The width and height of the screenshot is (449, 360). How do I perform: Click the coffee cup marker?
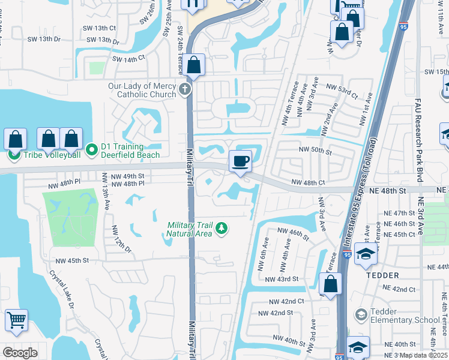coord(240,161)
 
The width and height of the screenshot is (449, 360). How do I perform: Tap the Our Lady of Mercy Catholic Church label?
coord(142,90)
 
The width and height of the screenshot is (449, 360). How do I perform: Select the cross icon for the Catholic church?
coord(185,91)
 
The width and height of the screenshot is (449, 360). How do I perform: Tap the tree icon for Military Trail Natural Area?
coord(221,228)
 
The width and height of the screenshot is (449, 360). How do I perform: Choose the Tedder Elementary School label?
coord(406,315)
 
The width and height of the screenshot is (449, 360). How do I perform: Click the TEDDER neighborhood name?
coord(382,275)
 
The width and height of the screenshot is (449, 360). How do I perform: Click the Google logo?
coord(20,353)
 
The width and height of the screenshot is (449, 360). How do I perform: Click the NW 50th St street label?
coord(315,151)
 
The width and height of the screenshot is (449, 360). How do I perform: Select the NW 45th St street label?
coord(72,260)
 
